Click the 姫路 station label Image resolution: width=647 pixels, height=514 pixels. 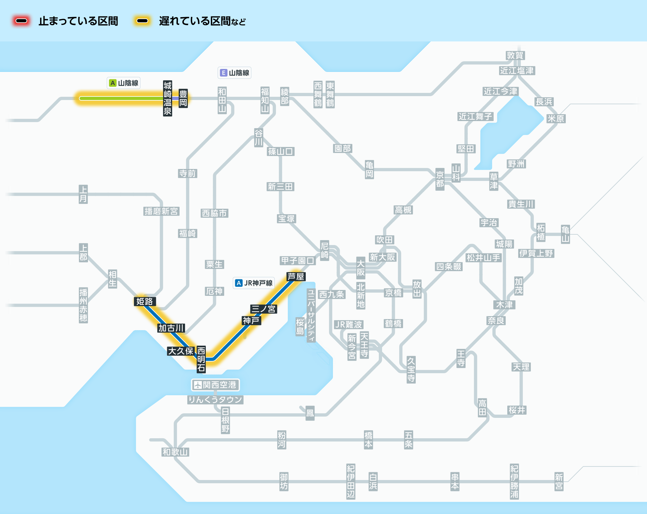click(x=145, y=301)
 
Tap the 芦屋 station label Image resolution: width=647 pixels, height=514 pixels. click(x=296, y=277)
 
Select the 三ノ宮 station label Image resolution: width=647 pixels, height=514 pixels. click(x=264, y=309)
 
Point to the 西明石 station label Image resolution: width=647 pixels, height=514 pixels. click(x=201, y=359)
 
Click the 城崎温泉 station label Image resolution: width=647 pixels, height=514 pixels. click(x=168, y=98)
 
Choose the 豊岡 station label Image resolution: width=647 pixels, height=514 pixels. click(x=183, y=98)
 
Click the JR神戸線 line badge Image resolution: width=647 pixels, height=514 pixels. click(x=254, y=283)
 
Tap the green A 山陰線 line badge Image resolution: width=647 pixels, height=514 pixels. click(x=124, y=83)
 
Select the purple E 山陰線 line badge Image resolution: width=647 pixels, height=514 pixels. click(x=235, y=73)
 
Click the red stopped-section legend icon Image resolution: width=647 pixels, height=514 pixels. click(x=21, y=21)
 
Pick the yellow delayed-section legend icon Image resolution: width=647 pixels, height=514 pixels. click(x=142, y=21)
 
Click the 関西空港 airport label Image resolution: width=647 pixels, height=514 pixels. click(x=215, y=385)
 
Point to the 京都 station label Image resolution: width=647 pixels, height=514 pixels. click(x=440, y=179)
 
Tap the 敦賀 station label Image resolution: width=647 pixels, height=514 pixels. click(x=515, y=55)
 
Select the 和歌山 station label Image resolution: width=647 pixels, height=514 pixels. click(x=175, y=452)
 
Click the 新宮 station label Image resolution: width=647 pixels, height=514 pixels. click(x=559, y=482)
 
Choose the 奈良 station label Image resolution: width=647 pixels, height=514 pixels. click(x=496, y=320)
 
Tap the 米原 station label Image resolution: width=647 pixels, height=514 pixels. click(x=556, y=119)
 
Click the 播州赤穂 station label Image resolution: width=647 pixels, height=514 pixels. click(x=83, y=305)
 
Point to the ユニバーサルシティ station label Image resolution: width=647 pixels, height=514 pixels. click(x=311, y=316)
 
